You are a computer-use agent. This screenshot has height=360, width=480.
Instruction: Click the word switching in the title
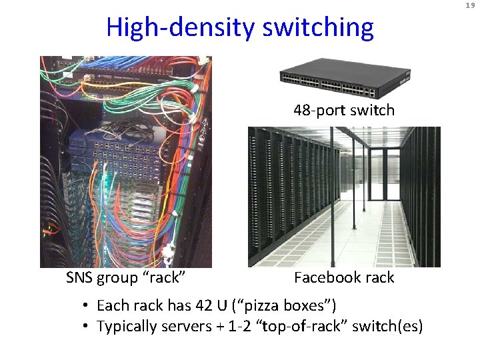coord(318,28)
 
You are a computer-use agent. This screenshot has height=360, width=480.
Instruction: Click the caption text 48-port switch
coord(344,110)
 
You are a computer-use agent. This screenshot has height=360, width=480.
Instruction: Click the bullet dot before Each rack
coord(86,306)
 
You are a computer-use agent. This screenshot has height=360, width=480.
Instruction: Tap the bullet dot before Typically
coord(86,327)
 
